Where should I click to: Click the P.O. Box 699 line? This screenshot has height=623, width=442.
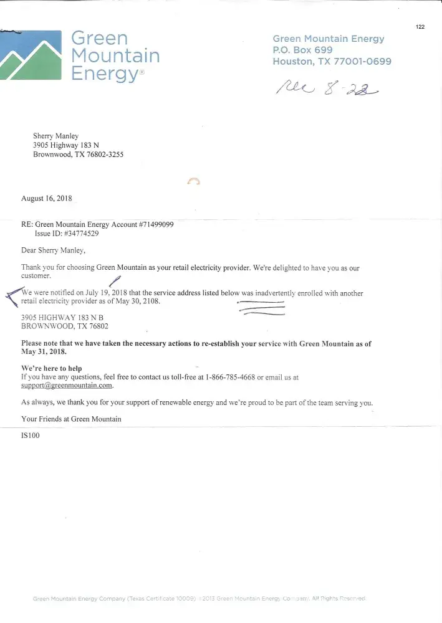[x=302, y=50]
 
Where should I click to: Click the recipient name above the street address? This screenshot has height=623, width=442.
[x=56, y=135]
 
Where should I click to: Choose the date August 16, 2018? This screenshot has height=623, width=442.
[x=47, y=199]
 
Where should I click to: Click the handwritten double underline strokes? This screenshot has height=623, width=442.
[x=262, y=307]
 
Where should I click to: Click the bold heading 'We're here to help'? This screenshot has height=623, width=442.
[x=52, y=368]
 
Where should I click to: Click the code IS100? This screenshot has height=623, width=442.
[x=31, y=435]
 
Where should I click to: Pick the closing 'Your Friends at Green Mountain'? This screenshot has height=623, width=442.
[x=71, y=419]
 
